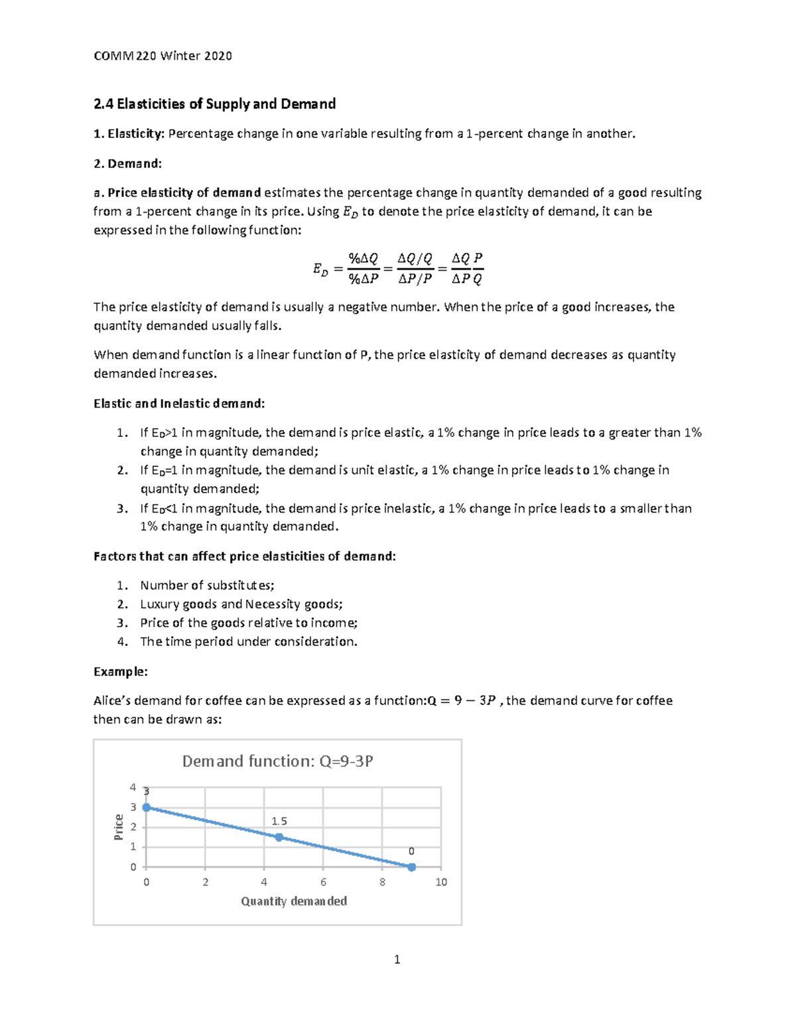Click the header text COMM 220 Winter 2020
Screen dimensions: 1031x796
coord(163,56)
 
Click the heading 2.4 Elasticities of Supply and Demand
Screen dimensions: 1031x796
coord(214,104)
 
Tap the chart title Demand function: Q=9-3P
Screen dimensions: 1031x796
coord(277,761)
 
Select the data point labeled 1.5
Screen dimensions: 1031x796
coord(279,838)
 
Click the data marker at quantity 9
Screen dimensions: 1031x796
coord(411,867)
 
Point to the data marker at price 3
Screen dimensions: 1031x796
coord(147,807)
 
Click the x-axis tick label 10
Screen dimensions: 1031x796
coord(441,882)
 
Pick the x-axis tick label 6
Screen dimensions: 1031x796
coord(323,882)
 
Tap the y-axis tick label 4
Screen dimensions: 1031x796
coord(133,787)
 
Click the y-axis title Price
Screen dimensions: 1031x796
coord(119,827)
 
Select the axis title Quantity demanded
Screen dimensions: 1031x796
coord(294,901)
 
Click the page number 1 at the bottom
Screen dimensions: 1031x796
coord(397,959)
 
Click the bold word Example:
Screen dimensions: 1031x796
coord(121,671)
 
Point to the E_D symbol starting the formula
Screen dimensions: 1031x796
coord(320,270)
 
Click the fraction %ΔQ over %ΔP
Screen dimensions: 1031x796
coord(364,269)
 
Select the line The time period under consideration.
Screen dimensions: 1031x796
coord(249,641)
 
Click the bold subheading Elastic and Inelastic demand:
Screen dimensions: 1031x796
coord(179,403)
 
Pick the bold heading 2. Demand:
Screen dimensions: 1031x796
coord(127,163)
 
